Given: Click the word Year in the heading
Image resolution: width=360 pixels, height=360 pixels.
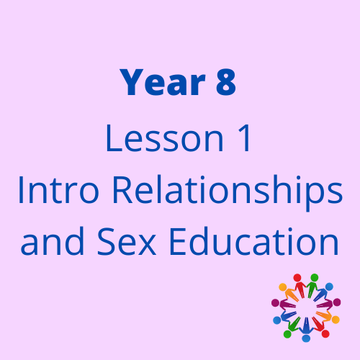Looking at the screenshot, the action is click(163, 82).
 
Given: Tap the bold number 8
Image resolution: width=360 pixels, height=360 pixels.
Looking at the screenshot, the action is click(226, 82).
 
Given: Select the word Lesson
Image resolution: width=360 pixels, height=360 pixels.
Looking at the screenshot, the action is click(165, 138).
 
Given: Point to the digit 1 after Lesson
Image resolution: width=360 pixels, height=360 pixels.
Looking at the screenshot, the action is click(244, 138).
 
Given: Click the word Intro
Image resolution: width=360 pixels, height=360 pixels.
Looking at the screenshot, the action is click(58, 190).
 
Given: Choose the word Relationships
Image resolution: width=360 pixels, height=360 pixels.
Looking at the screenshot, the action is click(228, 193).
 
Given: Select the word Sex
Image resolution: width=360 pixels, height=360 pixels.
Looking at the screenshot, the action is click(127, 241).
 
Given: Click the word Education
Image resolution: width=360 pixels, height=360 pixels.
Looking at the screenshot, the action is click(254, 241).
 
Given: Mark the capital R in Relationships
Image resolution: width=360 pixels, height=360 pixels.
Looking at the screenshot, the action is click(122, 190).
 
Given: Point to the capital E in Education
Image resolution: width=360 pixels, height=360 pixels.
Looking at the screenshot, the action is click(178, 241).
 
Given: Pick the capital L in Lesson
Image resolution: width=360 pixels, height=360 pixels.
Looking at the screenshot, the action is click(114, 138).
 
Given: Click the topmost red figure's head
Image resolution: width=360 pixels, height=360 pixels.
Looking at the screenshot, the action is click(297, 277).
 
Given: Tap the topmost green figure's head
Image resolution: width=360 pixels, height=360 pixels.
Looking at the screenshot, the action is click(314, 277).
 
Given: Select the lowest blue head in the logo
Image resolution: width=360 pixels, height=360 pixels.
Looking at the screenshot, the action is click(306, 338).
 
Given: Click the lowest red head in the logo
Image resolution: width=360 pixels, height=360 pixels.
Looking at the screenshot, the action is click(325, 333).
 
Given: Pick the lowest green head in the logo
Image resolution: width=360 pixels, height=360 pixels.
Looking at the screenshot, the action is click(287, 334).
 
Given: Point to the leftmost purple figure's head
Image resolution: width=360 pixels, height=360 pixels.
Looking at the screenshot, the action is click(275, 302).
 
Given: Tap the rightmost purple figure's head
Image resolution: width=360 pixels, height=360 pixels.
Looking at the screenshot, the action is click(337, 302).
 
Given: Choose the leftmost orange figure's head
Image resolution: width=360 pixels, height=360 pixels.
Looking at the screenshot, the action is click(282, 287).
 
